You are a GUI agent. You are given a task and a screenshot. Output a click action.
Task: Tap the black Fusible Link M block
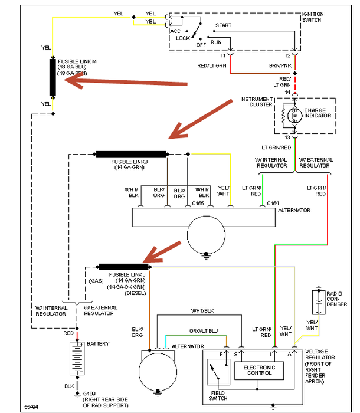click(53, 77)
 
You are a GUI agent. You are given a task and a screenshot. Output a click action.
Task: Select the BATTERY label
click(98, 343)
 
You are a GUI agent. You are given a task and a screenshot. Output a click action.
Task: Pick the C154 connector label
click(273, 203)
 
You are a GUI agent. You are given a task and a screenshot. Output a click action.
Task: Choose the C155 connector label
click(198, 203)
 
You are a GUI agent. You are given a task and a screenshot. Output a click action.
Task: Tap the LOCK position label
click(182, 38)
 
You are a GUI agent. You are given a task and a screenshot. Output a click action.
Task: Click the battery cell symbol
click(76, 358)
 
